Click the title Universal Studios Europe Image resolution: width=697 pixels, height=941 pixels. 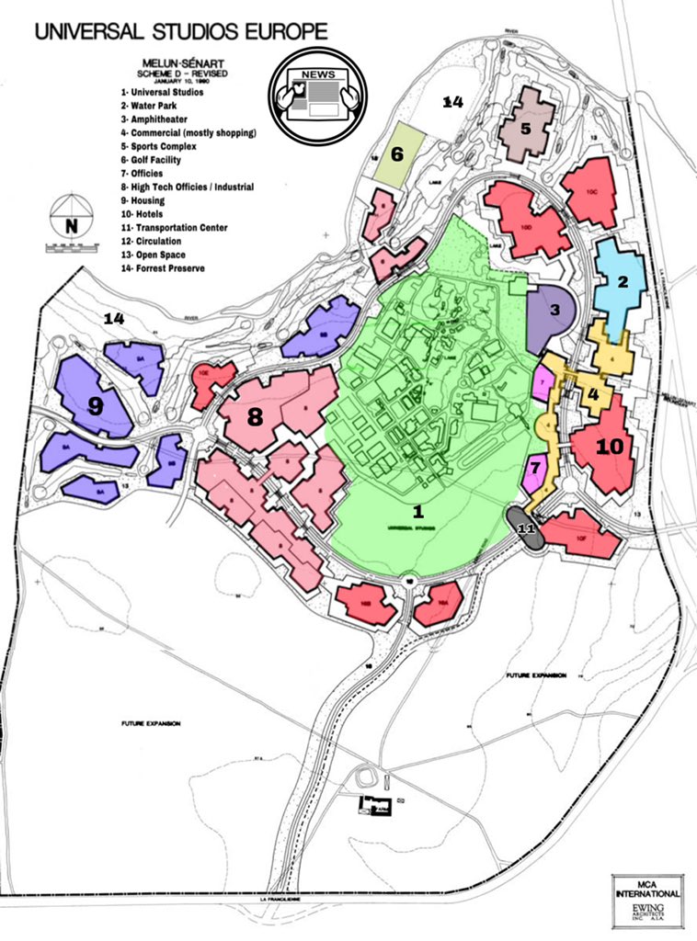(181, 31)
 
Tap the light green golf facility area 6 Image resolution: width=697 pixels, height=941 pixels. (398, 154)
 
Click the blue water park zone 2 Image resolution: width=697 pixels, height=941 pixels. (622, 282)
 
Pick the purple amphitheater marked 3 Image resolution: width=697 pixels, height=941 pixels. (554, 312)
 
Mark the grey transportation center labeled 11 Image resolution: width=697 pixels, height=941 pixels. (527, 530)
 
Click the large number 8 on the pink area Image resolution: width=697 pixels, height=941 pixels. (255, 417)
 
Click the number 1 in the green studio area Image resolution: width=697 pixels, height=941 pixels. (417, 510)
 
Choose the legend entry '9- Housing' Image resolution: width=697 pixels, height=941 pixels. (143, 200)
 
